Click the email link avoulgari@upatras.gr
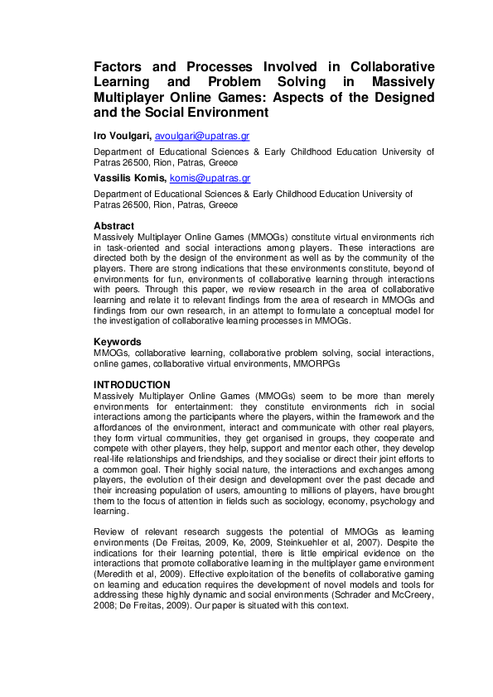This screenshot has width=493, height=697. tap(202, 135)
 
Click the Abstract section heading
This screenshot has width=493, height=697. tap(114, 226)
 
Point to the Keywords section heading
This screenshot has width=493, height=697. tap(118, 341)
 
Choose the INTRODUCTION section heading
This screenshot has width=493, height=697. tap(132, 385)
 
